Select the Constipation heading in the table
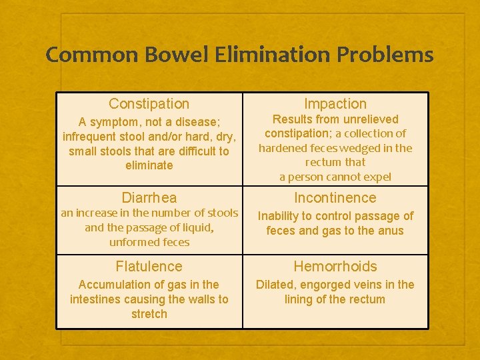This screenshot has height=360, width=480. point(149,104)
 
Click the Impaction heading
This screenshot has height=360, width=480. point(335,104)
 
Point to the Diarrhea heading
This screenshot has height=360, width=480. point(149,198)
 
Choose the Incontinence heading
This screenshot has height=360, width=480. point(335,198)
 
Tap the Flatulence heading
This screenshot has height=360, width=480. point(149,267)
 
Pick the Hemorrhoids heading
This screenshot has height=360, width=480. point(335,267)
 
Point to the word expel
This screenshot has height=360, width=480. point(377,177)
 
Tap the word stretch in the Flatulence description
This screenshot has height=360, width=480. point(149,314)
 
